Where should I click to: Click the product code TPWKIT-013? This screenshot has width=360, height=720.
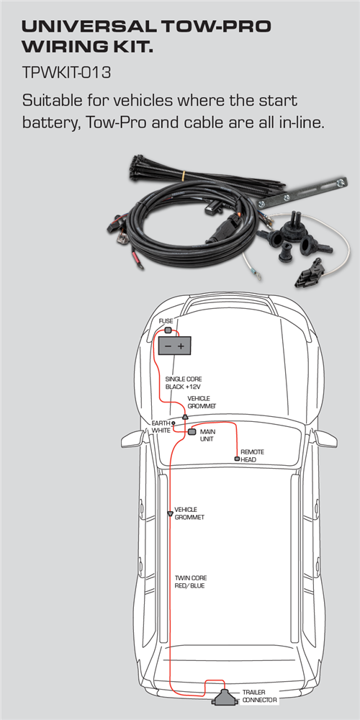(x=66, y=73)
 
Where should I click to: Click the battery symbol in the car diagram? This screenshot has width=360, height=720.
(x=174, y=346)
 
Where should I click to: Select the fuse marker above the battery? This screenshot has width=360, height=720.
(x=168, y=330)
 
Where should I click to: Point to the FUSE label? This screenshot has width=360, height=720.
(x=166, y=321)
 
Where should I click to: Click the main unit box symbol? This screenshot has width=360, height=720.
(x=192, y=432)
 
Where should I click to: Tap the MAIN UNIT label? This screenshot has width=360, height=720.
(x=207, y=436)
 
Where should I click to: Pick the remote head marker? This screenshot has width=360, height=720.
(x=237, y=459)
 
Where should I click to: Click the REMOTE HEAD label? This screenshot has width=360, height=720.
(x=252, y=456)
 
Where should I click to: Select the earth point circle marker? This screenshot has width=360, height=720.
(x=174, y=423)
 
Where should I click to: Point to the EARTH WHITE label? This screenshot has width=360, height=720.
(x=161, y=426)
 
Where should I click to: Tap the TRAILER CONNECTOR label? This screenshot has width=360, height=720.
(x=259, y=696)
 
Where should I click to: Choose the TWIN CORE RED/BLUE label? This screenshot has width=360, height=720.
(x=191, y=582)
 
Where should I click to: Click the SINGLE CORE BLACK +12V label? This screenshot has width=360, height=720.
(x=183, y=383)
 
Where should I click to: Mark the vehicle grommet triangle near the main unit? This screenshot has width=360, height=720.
(x=185, y=416)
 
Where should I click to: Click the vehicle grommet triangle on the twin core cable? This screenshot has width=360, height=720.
(x=171, y=513)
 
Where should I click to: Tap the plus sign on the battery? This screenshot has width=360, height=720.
(x=181, y=346)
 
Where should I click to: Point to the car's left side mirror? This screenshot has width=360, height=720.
(x=132, y=438)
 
